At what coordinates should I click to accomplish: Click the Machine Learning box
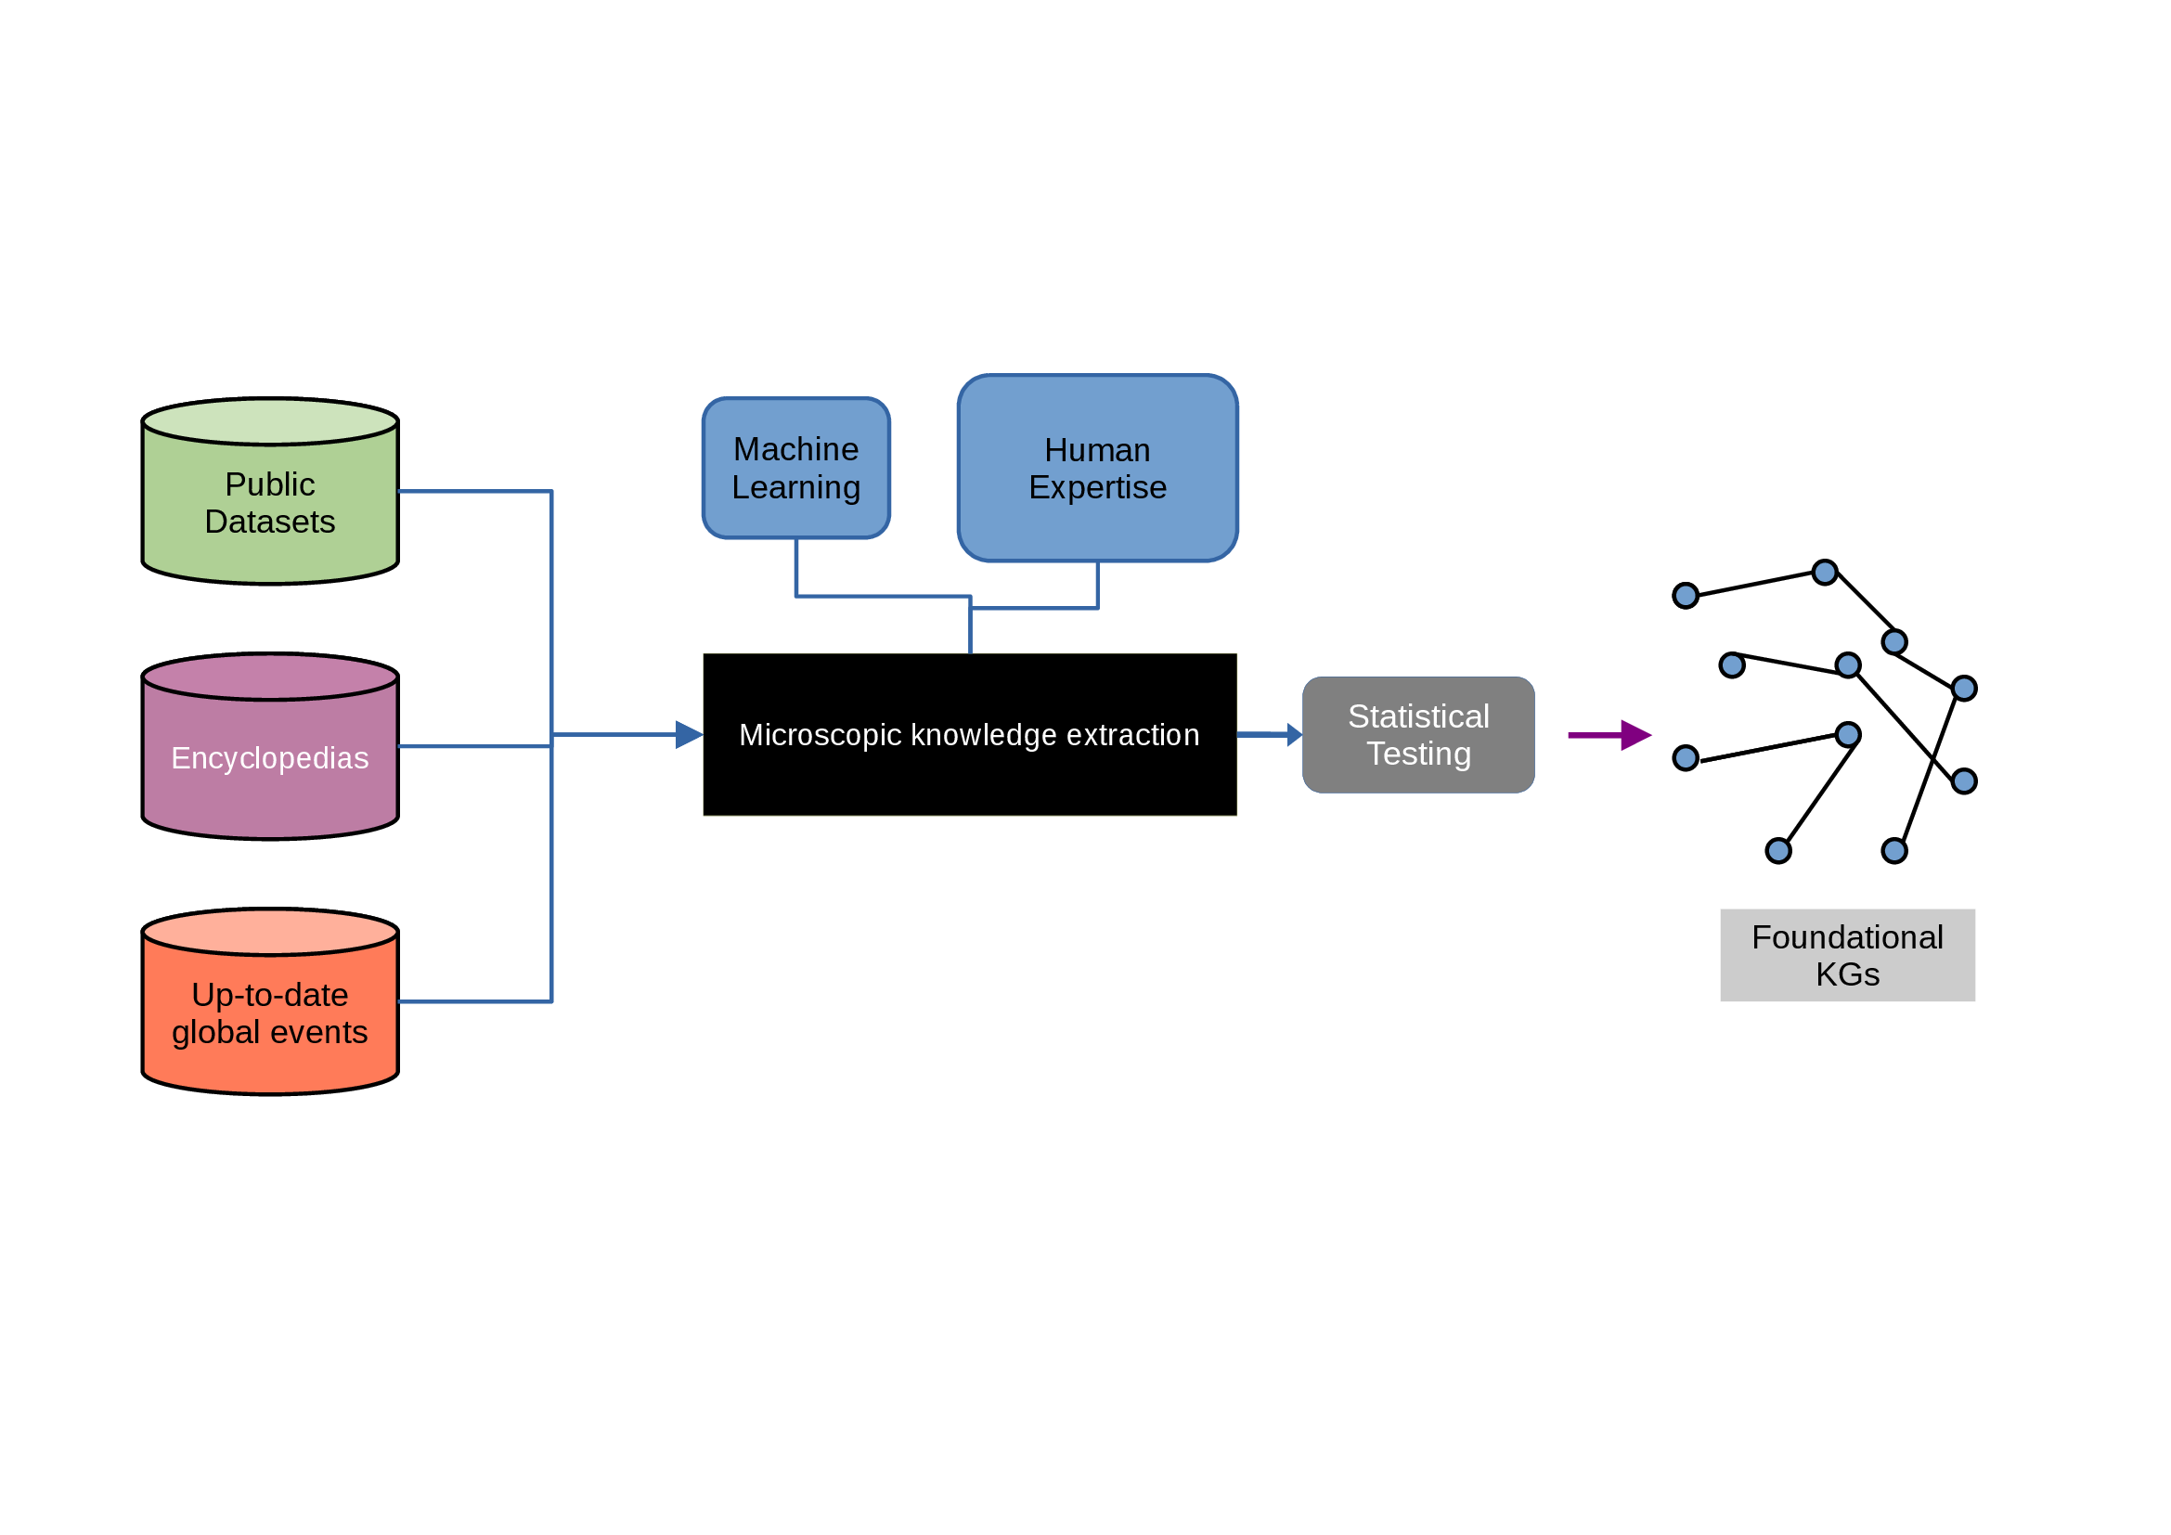[796, 468]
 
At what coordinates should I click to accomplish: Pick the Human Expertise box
[1097, 468]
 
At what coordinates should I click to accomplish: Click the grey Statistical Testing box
[1418, 734]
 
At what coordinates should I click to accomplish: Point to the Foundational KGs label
[1847, 956]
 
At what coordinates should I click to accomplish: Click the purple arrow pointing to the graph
[1609, 734]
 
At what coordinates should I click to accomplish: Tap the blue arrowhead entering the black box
[689, 734]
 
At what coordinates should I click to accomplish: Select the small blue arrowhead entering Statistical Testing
[1295, 734]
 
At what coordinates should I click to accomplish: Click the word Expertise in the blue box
[1097, 488]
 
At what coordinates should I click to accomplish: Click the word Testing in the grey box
[1418, 755]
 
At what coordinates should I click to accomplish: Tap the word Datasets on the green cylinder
[269, 522]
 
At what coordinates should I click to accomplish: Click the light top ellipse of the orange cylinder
[269, 932]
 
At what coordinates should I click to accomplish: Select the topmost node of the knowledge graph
[1824, 572]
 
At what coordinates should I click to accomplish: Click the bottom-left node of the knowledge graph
[1777, 851]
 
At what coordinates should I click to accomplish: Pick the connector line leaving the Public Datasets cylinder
[472, 492]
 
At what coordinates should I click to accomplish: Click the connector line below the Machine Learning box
[796, 567]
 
